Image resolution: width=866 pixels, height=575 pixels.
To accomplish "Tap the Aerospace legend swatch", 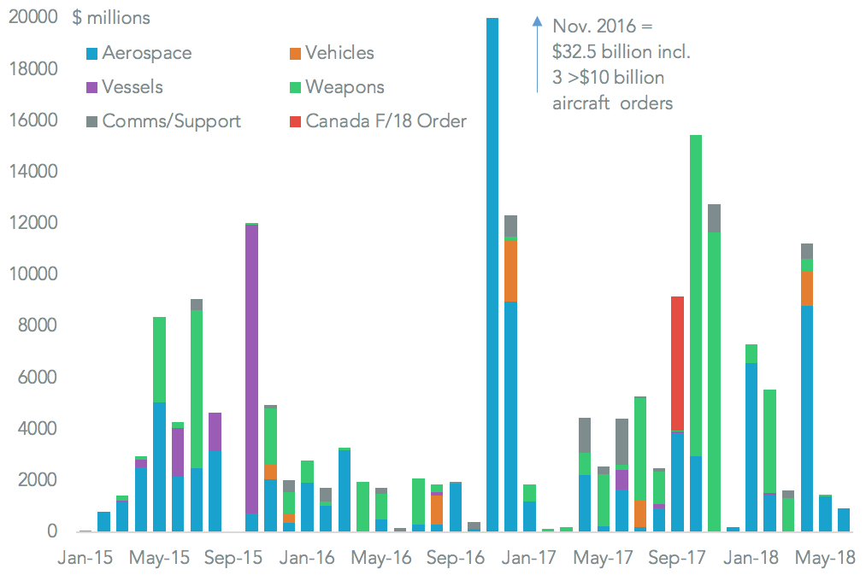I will point(90,54).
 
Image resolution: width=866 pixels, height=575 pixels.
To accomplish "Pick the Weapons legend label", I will point(345,87).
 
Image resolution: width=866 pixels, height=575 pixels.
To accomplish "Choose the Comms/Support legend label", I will point(171,121).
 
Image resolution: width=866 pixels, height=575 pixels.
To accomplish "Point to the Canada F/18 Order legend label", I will point(386,121).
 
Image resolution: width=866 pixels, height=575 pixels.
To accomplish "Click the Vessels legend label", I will point(132,87).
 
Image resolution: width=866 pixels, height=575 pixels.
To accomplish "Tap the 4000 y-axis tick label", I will point(38,429).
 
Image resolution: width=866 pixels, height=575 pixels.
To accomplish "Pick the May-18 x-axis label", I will point(826,558).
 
